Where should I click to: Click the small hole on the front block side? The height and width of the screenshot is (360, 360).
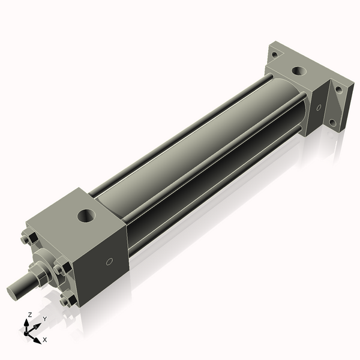(x=109, y=262)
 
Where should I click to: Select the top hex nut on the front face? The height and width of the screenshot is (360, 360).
(x=26, y=239)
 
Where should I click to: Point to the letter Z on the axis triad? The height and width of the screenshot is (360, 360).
(x=31, y=314)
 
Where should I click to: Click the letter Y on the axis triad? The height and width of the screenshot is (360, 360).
(x=44, y=318)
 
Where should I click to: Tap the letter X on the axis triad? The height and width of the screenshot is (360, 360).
(x=45, y=340)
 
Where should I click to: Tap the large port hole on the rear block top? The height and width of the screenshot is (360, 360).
(x=298, y=72)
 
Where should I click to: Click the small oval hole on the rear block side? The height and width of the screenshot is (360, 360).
(x=319, y=108)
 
